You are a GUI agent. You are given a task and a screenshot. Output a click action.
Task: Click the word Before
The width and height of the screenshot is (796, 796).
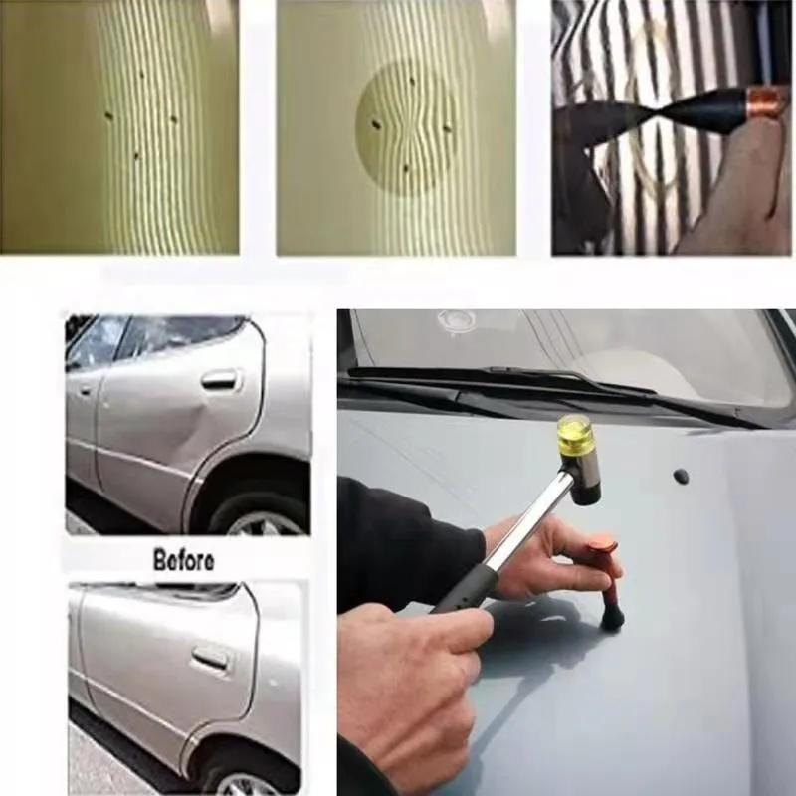click(x=183, y=559)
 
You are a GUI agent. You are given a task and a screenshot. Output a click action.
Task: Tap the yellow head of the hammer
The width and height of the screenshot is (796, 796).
click(x=575, y=436)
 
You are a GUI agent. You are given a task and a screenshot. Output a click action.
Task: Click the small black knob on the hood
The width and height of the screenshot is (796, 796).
click(x=681, y=476)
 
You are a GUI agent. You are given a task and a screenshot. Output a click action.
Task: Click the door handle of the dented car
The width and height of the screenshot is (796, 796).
click(x=219, y=379)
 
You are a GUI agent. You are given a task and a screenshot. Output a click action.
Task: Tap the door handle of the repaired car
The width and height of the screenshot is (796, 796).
click(x=210, y=658)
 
